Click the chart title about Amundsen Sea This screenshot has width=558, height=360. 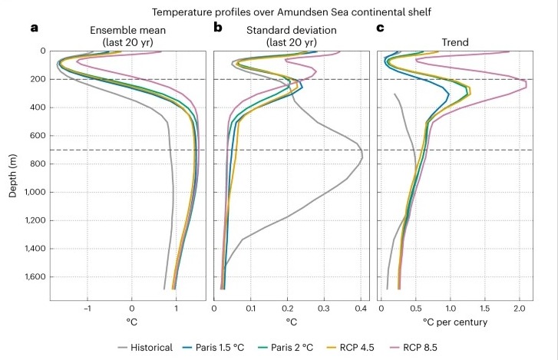coord(279,12)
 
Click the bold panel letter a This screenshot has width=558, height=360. coord(34,28)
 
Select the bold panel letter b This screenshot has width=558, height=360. coord(217,28)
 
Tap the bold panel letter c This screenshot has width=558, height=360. coord(381,28)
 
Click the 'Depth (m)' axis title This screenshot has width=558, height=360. coord(13,170)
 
